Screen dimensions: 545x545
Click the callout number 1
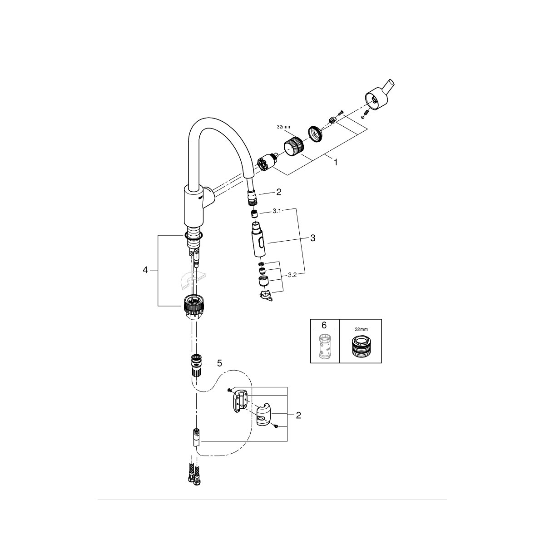(x=336, y=162)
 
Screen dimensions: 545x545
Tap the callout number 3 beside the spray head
(x=312, y=238)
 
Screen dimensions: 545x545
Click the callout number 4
(x=145, y=270)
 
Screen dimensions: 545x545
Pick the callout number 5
(x=220, y=363)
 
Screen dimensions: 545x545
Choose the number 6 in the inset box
(x=324, y=326)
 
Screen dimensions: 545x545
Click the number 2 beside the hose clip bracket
(x=298, y=415)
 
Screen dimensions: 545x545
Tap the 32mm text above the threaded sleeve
(x=283, y=128)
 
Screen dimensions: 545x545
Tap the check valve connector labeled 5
(x=196, y=363)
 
